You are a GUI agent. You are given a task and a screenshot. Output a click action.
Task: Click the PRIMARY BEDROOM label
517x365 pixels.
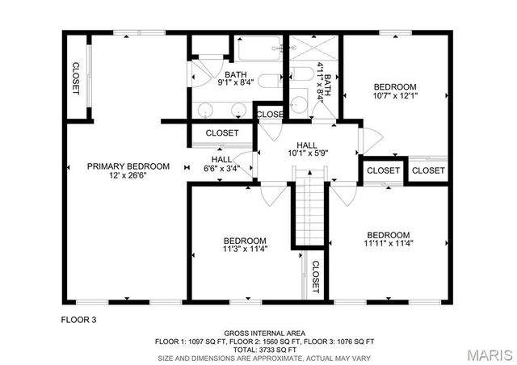128,166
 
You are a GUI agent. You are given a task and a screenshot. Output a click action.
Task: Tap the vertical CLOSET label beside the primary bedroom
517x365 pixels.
76,78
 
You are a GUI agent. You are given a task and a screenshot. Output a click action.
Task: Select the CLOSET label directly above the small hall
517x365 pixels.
222,132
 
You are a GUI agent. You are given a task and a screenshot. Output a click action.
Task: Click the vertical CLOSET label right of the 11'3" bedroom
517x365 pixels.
315,277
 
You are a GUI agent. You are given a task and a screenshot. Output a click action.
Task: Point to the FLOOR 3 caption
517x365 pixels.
78,320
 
